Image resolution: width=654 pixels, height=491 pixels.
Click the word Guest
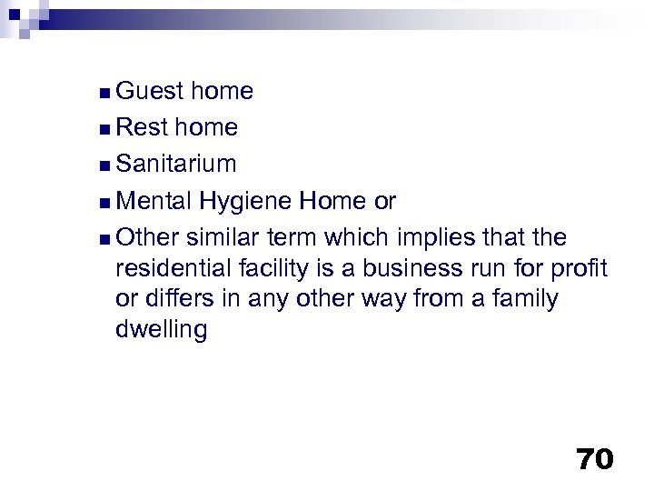click(x=151, y=91)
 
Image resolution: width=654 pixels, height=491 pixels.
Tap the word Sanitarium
click(x=176, y=165)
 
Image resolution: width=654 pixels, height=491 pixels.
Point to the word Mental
click(x=155, y=201)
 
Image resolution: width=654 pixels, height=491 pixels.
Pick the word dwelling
click(x=162, y=330)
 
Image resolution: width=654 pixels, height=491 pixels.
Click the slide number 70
click(x=594, y=459)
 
